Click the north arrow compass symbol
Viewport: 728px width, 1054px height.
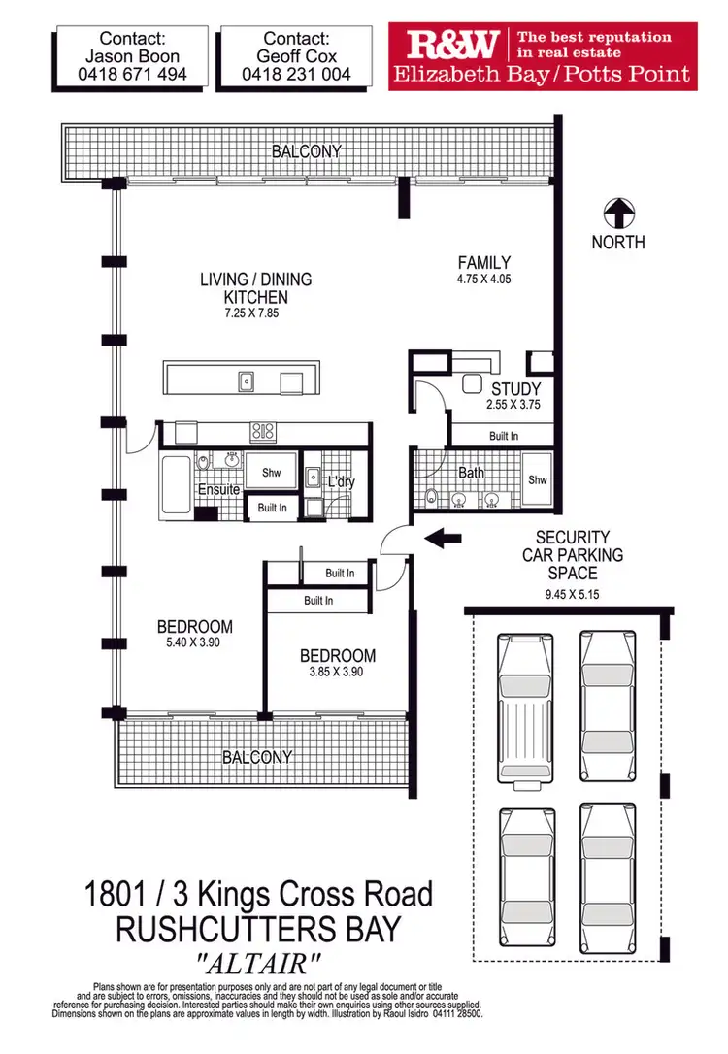point(618,213)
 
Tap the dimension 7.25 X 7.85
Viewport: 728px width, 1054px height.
point(244,313)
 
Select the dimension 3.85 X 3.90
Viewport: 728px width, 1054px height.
point(337,672)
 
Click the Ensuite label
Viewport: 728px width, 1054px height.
point(218,490)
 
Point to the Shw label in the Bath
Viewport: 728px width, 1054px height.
point(537,480)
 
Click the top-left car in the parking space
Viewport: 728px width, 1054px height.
point(525,707)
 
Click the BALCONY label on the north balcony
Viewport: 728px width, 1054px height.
point(307,151)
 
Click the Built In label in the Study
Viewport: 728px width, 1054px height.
point(503,438)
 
